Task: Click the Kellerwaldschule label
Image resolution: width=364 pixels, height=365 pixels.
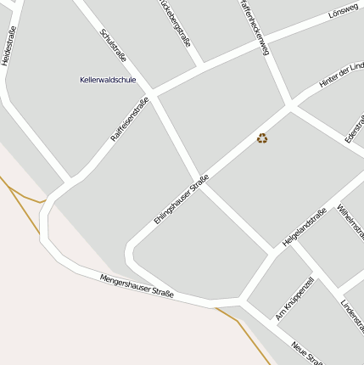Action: tap(108, 80)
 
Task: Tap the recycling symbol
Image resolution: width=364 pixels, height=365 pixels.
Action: tap(262, 138)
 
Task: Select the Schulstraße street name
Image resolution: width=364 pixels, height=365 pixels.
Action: tap(113, 46)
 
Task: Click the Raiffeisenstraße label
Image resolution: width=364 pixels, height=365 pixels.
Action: tap(130, 120)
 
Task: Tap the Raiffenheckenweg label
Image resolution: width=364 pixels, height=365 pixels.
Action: tap(254, 28)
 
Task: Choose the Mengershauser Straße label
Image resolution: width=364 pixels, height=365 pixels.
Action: tap(137, 286)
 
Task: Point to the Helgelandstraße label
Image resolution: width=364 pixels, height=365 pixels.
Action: tap(304, 227)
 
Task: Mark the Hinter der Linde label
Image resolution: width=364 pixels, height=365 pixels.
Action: tap(340, 74)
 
